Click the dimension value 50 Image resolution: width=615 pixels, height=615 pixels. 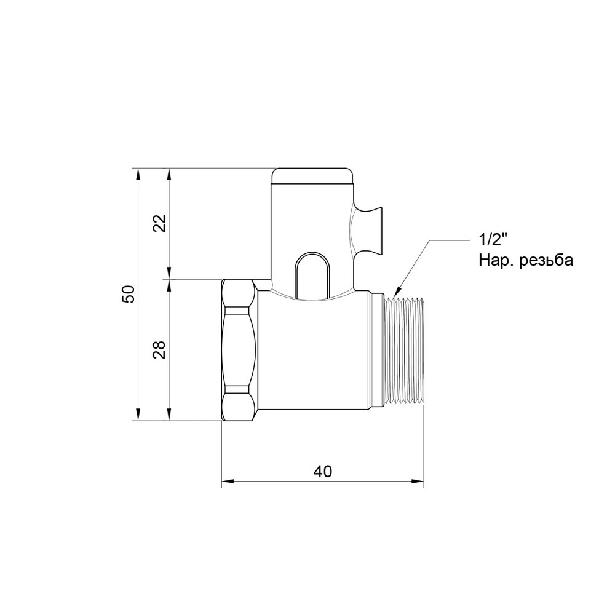point(128,294)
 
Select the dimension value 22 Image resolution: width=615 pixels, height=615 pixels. point(159,223)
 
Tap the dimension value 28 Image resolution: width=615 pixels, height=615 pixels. point(159,350)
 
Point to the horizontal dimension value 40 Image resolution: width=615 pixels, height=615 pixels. point(322,471)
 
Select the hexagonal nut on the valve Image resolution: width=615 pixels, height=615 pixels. point(238,350)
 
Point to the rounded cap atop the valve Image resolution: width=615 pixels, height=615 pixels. point(313,175)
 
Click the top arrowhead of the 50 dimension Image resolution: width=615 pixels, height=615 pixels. point(138,172)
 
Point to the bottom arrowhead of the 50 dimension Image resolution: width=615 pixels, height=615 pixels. point(138,416)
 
